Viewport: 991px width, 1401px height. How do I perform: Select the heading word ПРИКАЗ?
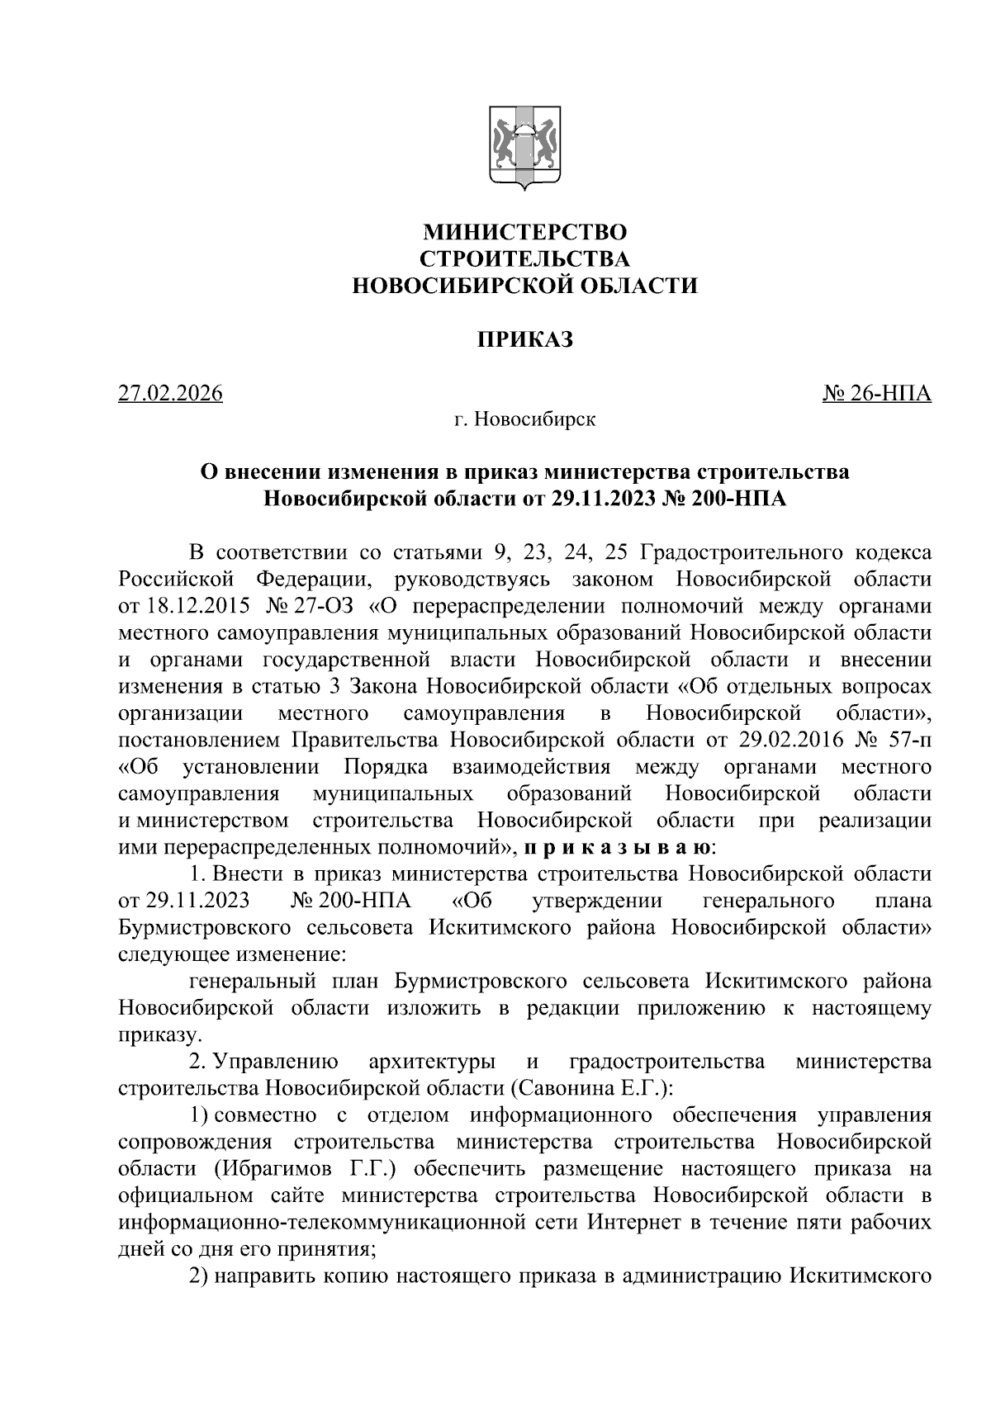(x=525, y=339)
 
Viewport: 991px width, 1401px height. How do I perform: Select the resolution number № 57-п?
(x=894, y=740)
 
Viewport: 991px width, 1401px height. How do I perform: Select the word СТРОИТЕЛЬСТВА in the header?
(x=525, y=259)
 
